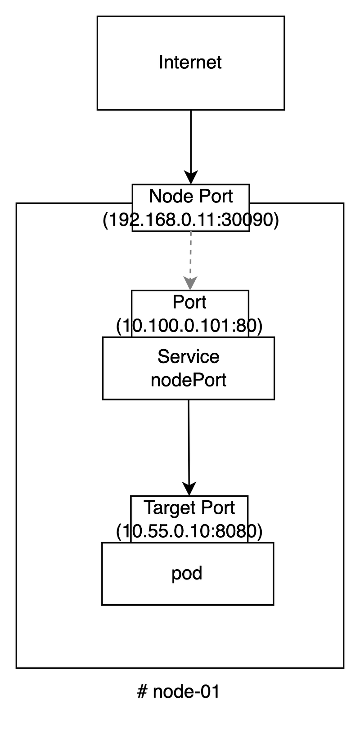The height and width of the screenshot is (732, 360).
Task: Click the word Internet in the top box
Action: (x=190, y=62)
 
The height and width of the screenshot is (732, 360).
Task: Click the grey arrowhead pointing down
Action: (x=190, y=282)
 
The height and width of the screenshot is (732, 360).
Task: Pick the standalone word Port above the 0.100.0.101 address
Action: (x=189, y=302)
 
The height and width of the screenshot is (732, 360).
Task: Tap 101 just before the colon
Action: (x=220, y=326)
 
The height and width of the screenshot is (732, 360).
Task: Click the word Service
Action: (x=189, y=357)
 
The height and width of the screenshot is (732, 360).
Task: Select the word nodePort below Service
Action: (x=189, y=380)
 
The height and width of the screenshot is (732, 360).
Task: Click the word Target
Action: (x=166, y=508)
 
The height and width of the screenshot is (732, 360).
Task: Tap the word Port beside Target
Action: (x=218, y=508)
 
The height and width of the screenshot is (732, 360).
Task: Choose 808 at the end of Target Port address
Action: (x=231, y=531)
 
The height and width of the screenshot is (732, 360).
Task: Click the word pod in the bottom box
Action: (x=187, y=574)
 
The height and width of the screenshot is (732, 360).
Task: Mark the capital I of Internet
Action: (x=161, y=62)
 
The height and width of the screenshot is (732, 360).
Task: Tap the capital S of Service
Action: (x=163, y=357)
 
